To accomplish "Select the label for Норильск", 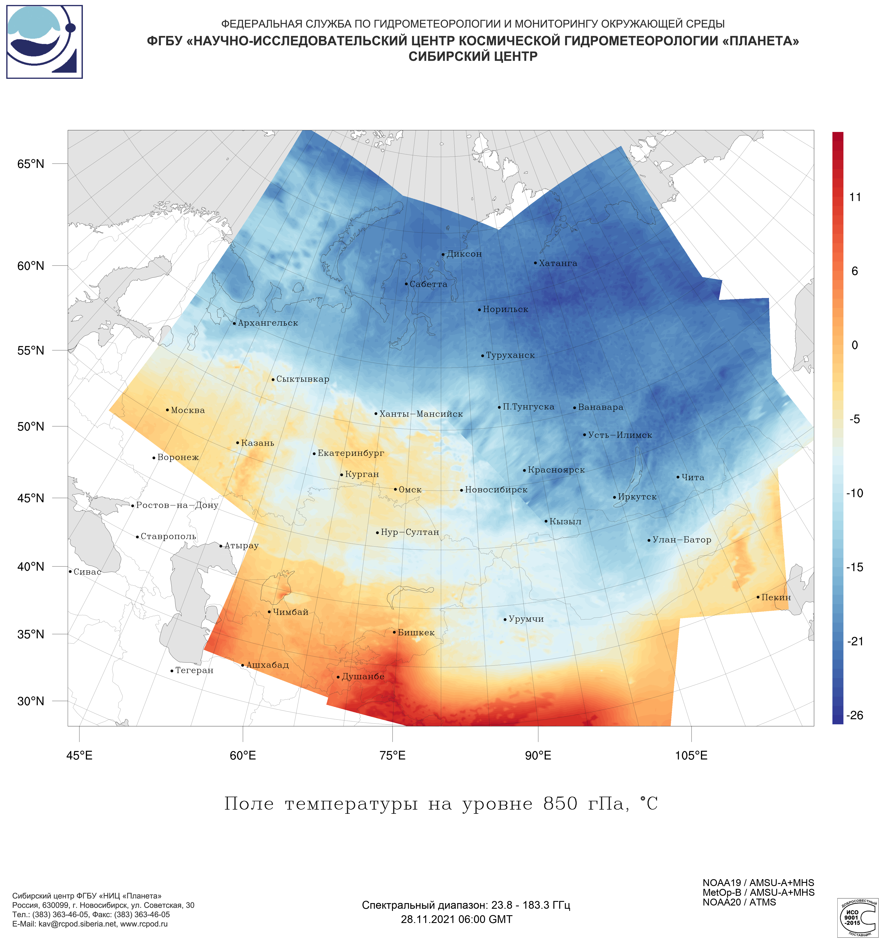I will [505, 309].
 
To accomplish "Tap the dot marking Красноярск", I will [524, 471].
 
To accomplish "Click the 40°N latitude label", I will [31, 567].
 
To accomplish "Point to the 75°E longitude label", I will [393, 755].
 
